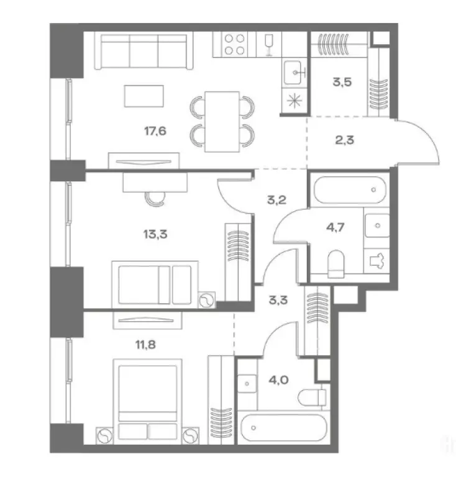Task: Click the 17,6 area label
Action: tap(155, 131)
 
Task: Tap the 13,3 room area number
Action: tap(155, 234)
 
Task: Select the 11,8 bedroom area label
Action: tap(145, 345)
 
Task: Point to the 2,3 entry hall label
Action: tap(344, 140)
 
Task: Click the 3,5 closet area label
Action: tap(342, 82)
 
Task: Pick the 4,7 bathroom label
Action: tap(335, 227)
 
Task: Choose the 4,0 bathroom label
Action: tap(279, 380)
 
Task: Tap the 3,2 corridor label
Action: tap(277, 200)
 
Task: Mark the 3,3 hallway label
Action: tap(278, 300)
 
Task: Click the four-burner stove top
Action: tap(234, 45)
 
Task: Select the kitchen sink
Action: tap(293, 73)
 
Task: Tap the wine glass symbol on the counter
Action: tap(269, 45)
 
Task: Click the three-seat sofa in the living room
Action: tap(144, 51)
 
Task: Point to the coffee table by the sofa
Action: tap(144, 96)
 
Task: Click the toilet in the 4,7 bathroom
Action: tap(336, 264)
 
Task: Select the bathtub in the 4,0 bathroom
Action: tap(284, 427)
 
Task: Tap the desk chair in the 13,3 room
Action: tap(155, 199)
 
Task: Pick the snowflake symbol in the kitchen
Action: tap(294, 101)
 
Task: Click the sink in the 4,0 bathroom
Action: tap(247, 384)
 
